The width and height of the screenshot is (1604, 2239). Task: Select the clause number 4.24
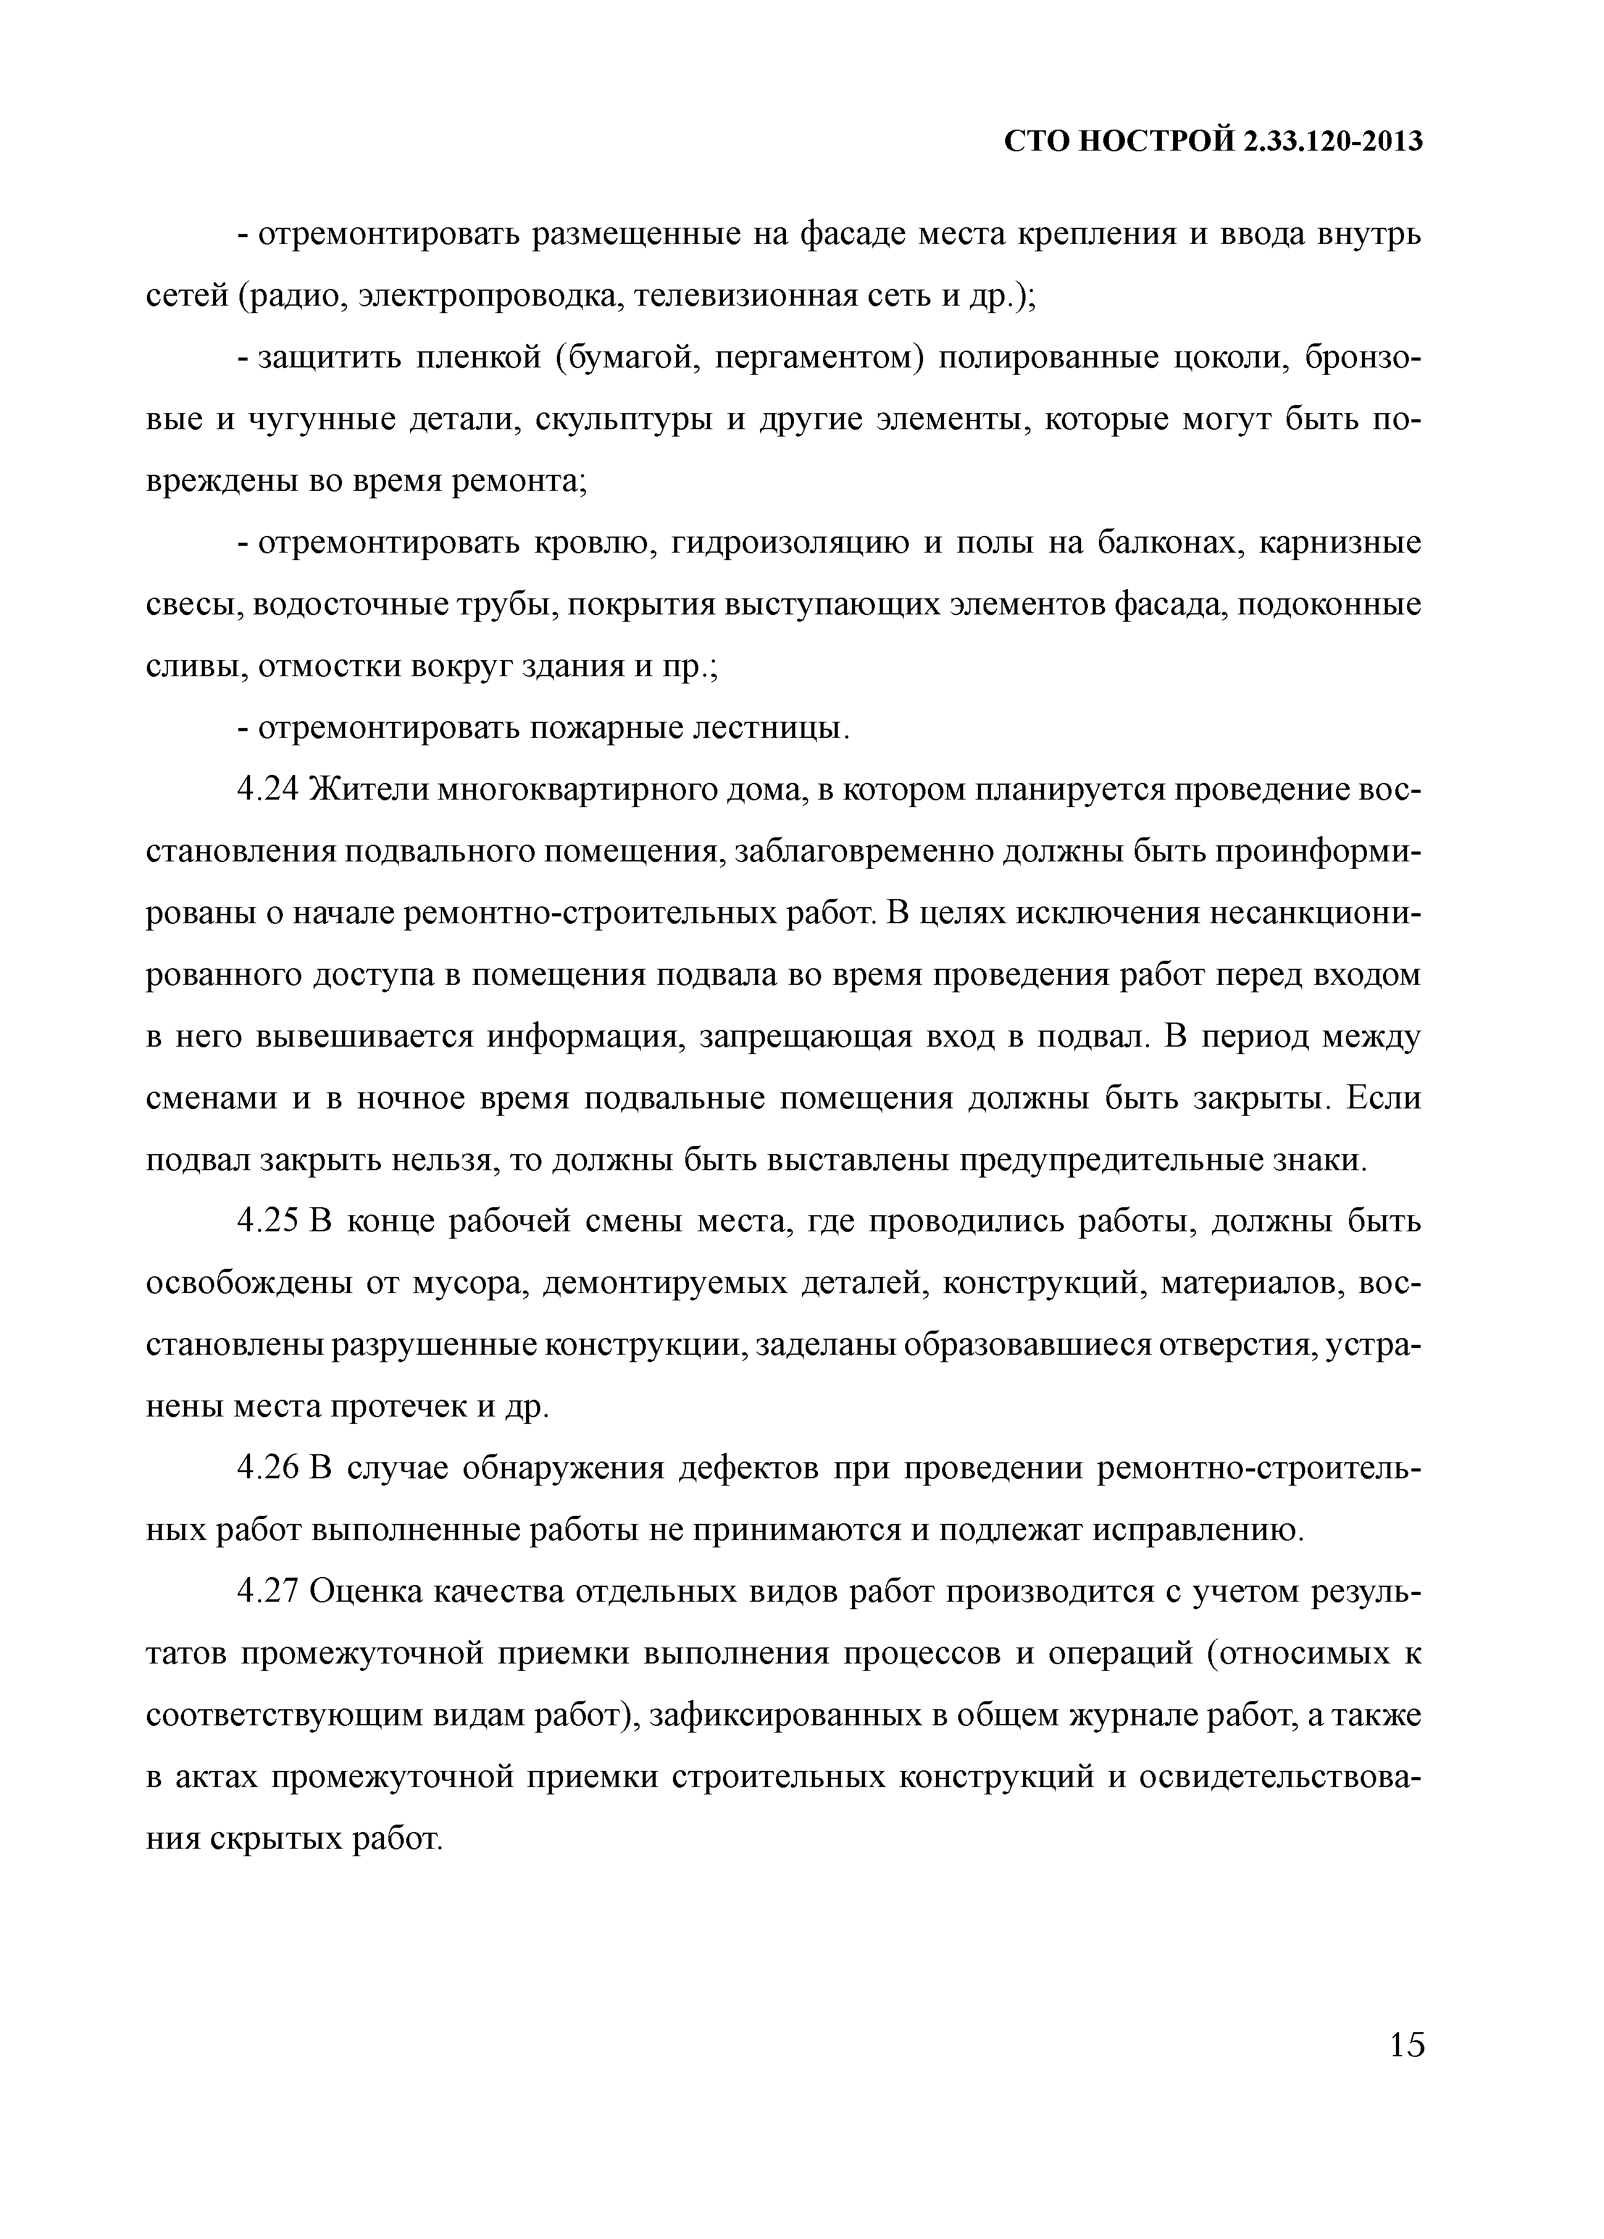click(x=269, y=791)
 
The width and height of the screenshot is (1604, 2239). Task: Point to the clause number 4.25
click(x=269, y=1222)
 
